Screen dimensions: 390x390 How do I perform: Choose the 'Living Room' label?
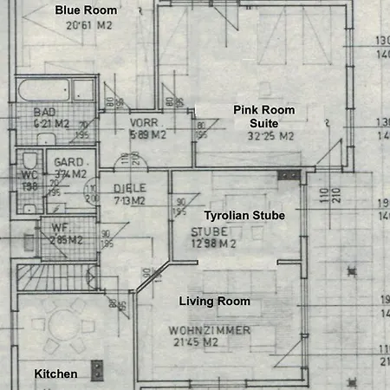click(214, 302)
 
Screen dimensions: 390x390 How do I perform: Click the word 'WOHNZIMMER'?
click(211, 331)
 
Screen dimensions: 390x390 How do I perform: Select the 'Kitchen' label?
click(55, 374)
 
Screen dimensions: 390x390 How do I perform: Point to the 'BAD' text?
click(45, 113)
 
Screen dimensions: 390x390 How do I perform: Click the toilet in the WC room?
click(29, 163)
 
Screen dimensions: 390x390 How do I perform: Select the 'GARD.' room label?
click(68, 162)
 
